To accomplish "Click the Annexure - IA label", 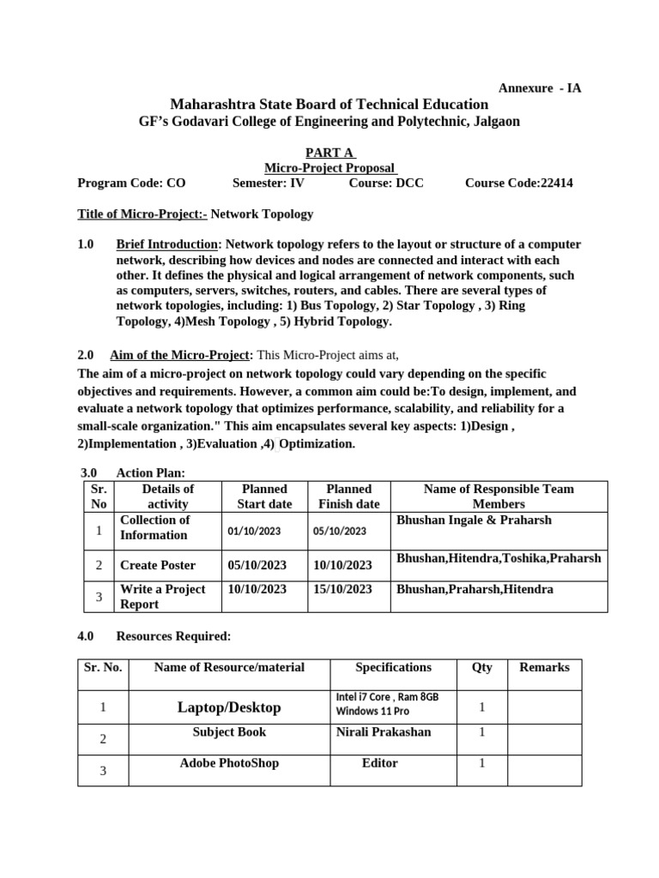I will [x=540, y=87].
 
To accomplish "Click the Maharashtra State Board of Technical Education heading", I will [x=329, y=104].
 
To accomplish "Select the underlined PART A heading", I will [x=329, y=152].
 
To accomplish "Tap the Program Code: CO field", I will [x=131, y=183].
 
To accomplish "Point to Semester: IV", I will [x=268, y=183].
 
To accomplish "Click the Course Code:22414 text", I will [x=519, y=183].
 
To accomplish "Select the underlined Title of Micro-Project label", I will [x=142, y=213].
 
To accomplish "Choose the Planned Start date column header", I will [x=264, y=496].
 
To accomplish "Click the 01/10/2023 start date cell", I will [x=254, y=532].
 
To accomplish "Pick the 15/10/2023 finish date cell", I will [x=343, y=589].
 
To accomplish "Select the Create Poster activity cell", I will [x=158, y=565].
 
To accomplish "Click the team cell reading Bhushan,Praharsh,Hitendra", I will [x=475, y=589].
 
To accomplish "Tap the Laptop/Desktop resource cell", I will [x=229, y=707].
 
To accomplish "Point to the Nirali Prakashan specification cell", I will [x=383, y=732].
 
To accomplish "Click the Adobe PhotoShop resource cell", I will [x=229, y=763].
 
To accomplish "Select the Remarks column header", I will [x=544, y=667].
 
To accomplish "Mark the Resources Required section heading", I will [x=173, y=636].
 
